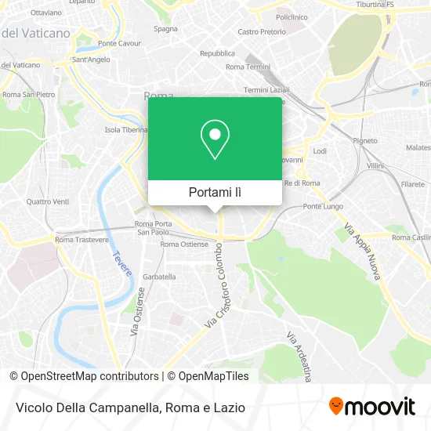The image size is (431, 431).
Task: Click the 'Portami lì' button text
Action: [215, 192]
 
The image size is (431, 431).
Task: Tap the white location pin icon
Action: [215, 139]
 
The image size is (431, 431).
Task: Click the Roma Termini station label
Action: [247, 67]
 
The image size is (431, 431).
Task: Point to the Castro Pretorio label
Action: [262, 32]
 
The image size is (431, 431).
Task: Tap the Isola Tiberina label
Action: [127, 130]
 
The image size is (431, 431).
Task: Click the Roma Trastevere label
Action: [81, 239]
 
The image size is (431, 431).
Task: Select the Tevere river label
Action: [121, 266]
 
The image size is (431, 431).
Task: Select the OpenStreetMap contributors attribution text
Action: [89, 376]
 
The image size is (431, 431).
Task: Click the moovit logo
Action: [372, 406]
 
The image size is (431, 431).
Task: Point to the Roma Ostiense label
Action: [184, 244]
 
